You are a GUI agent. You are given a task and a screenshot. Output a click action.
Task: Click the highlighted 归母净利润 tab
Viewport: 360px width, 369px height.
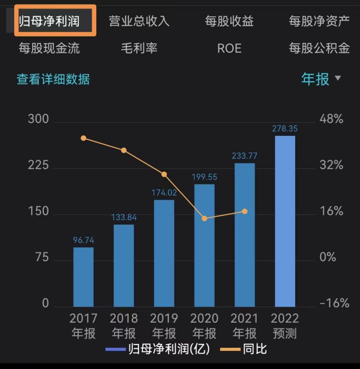coord(55,21)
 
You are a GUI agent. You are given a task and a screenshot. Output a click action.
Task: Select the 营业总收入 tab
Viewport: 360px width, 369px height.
coord(139,21)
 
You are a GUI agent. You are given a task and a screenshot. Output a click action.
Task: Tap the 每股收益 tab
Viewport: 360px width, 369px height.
coord(229,21)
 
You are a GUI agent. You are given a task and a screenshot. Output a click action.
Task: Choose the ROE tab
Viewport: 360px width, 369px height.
coord(229,48)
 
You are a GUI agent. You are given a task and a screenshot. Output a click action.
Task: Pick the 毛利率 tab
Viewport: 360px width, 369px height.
coord(139,48)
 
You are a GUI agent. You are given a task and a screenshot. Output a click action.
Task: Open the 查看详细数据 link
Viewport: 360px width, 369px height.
coord(53,79)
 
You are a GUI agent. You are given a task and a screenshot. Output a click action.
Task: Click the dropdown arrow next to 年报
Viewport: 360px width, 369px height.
coord(337,78)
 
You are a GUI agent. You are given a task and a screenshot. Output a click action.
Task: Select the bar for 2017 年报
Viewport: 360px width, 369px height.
coord(83,277)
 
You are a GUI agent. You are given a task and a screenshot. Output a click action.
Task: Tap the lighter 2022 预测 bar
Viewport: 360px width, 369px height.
coord(285,221)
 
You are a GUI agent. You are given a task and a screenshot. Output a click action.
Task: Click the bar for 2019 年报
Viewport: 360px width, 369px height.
coord(164,253)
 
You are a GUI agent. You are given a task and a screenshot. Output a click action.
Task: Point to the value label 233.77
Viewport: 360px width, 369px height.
coord(244,156)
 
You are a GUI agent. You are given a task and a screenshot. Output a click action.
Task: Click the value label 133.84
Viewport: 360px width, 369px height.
coord(124,218)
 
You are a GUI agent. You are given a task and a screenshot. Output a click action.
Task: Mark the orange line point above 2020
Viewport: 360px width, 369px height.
coord(205,218)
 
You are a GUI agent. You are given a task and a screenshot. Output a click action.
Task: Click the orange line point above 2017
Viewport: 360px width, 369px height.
coord(83,138)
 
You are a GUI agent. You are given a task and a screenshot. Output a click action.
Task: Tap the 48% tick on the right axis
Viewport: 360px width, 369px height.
coord(332,119)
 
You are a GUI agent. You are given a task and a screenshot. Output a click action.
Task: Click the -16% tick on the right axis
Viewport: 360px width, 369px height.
coord(335,303)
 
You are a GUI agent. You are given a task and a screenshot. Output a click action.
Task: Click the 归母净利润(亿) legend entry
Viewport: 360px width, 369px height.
coord(158,349)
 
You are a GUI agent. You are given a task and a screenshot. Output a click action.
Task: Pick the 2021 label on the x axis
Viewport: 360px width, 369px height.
coord(244,318)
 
